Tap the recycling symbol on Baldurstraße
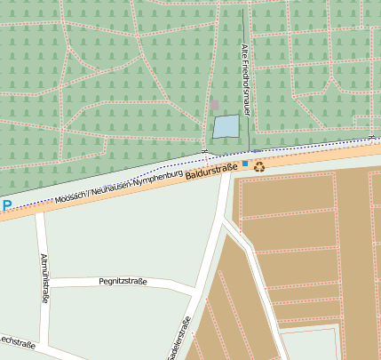tap(259, 165)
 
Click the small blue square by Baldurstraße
tap(245, 164)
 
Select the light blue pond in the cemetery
tap(226, 127)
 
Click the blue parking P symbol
tap(7, 206)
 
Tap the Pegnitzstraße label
tap(123, 282)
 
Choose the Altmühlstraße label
tap(44, 278)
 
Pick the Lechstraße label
tap(17, 342)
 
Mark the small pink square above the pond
tap(214, 105)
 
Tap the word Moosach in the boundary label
tap(71, 196)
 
